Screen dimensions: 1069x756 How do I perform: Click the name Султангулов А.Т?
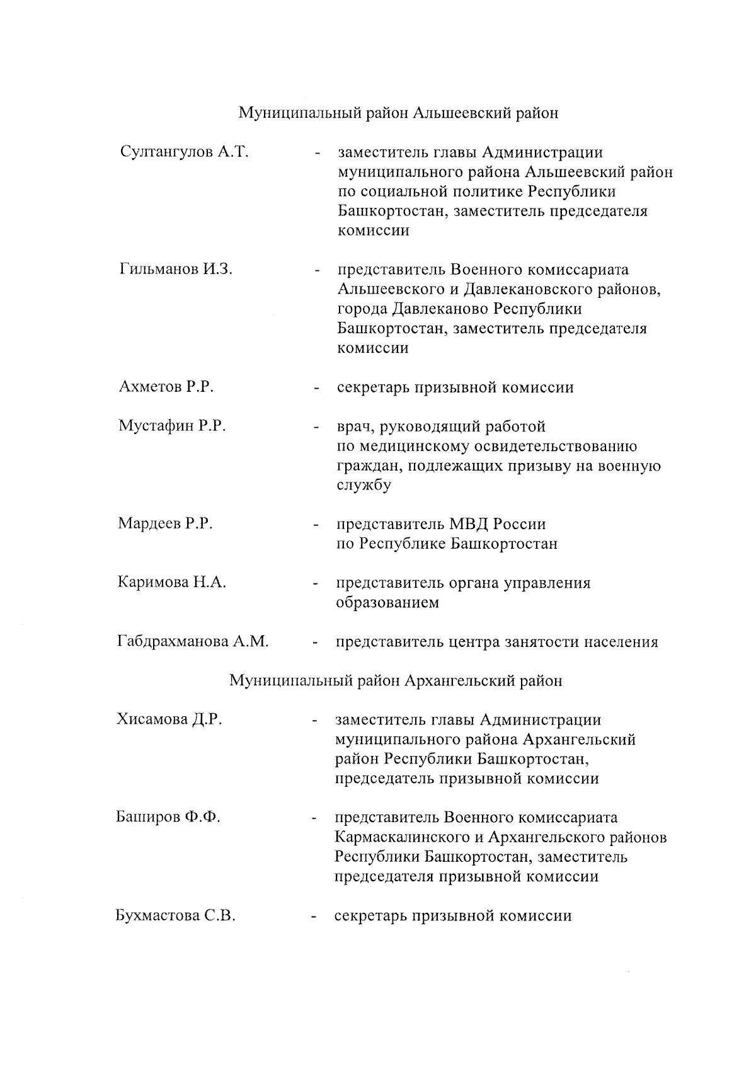[x=183, y=152]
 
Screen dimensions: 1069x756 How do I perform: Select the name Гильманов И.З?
[x=175, y=270]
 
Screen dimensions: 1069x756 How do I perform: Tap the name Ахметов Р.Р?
[x=166, y=387]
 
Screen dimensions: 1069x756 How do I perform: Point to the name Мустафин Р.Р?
[x=172, y=426]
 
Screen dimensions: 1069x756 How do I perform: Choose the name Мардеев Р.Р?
[x=165, y=523]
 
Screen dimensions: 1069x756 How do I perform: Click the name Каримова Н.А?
[x=171, y=582]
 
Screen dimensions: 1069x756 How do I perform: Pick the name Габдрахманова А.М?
[x=193, y=642]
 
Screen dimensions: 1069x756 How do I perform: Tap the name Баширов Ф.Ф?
[x=168, y=817]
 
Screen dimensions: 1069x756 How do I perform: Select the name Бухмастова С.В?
[x=175, y=915]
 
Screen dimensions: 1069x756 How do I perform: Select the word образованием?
[x=387, y=603]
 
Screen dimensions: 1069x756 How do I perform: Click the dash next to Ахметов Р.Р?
[x=317, y=388]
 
